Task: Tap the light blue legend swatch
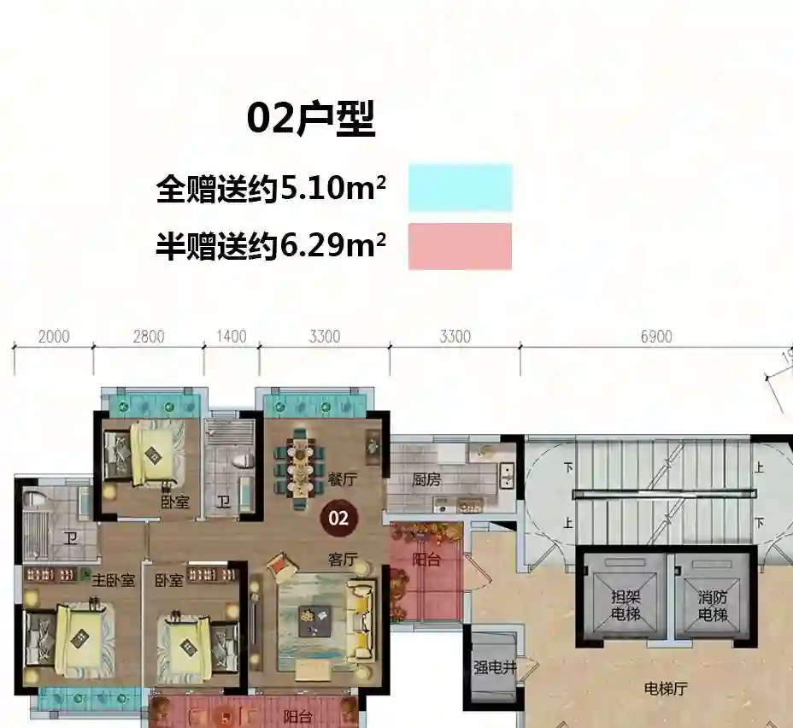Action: tap(461, 188)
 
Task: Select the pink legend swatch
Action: tap(461, 246)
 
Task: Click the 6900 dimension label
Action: tap(656, 337)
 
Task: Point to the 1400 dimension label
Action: tap(231, 337)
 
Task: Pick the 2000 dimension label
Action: tap(54, 337)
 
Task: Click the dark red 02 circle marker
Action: tap(338, 518)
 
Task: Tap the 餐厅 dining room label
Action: tap(343, 479)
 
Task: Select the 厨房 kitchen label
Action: tap(426, 479)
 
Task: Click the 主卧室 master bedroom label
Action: tap(114, 580)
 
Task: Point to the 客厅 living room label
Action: tap(343, 560)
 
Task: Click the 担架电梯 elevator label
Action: tap(626, 606)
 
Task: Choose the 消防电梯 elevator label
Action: tap(713, 606)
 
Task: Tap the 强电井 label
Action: tap(495, 668)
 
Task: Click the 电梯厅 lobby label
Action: tap(666, 689)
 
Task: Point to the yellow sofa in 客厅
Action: tap(362, 619)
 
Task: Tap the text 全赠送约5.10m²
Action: tap(271, 189)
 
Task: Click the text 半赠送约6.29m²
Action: tap(271, 246)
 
